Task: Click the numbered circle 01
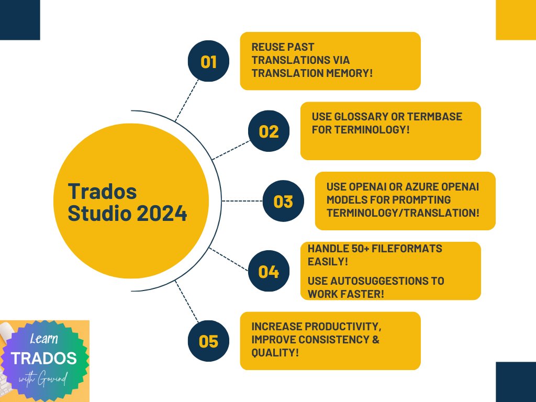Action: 208,62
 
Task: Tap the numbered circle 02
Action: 269,131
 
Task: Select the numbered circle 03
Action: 283,202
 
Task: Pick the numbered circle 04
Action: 269,272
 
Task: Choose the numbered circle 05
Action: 208,341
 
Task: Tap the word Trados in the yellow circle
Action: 102,192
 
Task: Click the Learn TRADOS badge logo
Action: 44,361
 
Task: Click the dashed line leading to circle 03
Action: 242,201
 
